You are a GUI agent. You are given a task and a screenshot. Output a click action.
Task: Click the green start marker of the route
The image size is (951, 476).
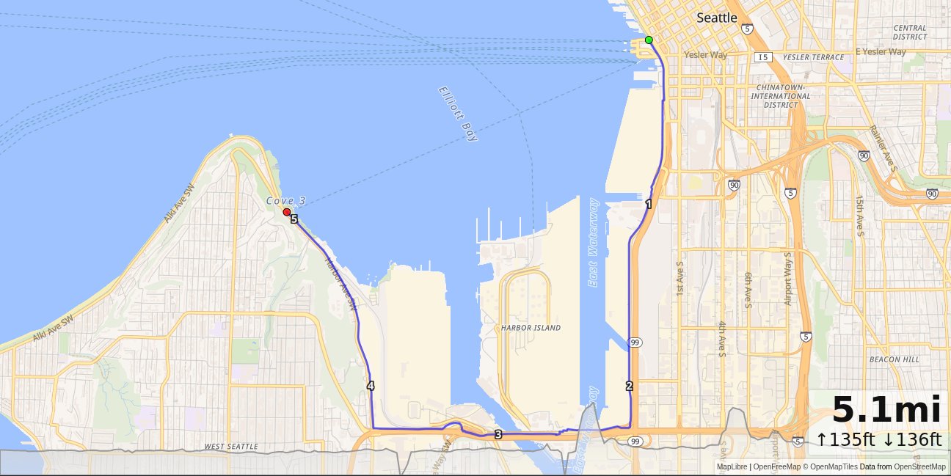649,40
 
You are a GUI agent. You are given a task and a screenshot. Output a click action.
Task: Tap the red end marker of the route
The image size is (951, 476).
286,212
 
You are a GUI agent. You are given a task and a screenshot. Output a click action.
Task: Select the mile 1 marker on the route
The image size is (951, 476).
648,204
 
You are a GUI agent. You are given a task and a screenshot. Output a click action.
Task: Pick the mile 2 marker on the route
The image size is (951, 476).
629,386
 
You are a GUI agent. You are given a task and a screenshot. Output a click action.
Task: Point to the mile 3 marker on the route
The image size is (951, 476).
498,435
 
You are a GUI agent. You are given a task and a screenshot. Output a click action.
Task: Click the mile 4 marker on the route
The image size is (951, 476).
371,386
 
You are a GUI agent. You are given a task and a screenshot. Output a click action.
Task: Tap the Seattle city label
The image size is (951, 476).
716,18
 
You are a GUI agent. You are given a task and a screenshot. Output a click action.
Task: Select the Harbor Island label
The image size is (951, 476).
531,328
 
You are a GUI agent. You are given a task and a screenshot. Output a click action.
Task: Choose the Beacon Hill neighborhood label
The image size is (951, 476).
893,359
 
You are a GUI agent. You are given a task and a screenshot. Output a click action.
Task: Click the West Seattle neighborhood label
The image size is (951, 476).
230,447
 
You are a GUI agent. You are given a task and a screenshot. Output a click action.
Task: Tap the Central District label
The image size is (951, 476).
910,32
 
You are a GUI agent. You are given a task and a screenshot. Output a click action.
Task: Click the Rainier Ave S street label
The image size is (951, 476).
883,148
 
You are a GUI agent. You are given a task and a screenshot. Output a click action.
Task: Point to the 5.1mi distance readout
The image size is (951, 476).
886,410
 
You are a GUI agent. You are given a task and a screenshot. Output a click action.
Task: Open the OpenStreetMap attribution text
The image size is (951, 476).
919,466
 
